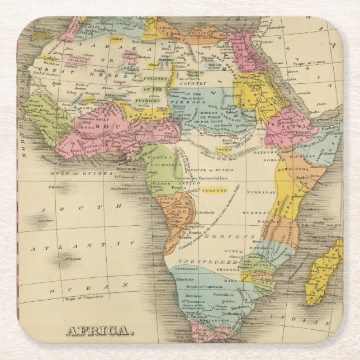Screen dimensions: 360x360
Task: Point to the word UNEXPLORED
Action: [207, 262]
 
